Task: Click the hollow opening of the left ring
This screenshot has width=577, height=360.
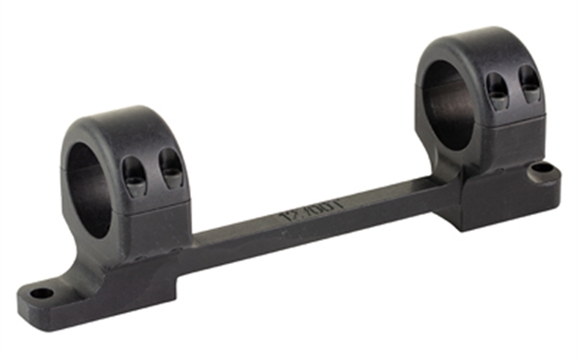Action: pyautogui.click(x=90, y=189)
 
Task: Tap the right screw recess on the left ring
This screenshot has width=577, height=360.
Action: pyautogui.click(x=171, y=167)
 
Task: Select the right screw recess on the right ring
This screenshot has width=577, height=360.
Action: pyautogui.click(x=529, y=83)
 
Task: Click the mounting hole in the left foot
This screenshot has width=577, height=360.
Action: pyautogui.click(x=42, y=294)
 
